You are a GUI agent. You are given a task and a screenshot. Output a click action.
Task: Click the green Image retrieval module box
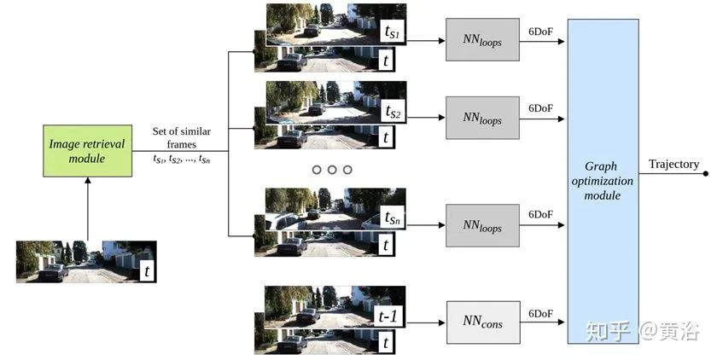[87, 151]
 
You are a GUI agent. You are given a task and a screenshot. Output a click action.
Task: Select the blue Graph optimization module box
[603, 181]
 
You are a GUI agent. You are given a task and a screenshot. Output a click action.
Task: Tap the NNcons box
[482, 322]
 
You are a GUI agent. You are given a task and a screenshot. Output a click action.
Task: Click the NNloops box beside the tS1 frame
[482, 40]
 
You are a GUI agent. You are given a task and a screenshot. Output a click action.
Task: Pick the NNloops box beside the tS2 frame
[482, 118]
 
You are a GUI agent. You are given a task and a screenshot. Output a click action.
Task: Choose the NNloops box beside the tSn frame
[482, 225]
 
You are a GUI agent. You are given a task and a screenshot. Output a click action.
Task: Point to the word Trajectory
[673, 164]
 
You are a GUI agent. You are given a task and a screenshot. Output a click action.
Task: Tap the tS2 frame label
[393, 112]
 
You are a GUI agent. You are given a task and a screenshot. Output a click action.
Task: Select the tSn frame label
[393, 219]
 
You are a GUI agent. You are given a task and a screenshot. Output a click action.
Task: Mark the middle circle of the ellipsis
[331, 170]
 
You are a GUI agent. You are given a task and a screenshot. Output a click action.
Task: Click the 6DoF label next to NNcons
[540, 313]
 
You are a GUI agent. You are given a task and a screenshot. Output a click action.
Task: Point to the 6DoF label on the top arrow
[540, 31]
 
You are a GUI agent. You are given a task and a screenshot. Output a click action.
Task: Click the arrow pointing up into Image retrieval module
[87, 209]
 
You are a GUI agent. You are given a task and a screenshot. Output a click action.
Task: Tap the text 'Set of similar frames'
[181, 137]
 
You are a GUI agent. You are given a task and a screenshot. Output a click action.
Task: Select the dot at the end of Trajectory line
[706, 174]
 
